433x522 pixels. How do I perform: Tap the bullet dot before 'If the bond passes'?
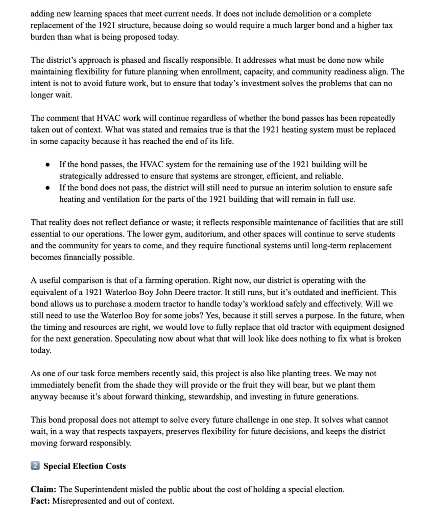[x=47, y=165]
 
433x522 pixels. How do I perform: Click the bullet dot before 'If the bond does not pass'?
[x=47, y=188]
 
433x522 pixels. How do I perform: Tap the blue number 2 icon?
[x=35, y=466]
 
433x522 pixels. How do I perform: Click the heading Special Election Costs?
[x=84, y=466]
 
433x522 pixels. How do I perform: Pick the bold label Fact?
[x=40, y=501]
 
